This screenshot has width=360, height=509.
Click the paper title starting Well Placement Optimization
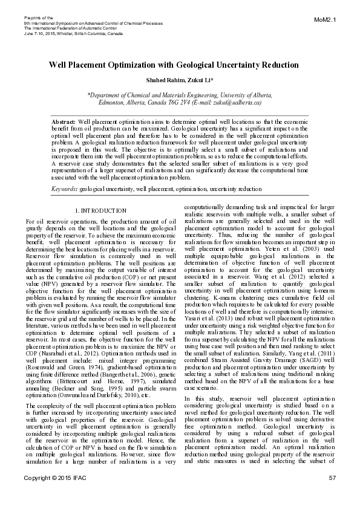pos(174,65)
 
